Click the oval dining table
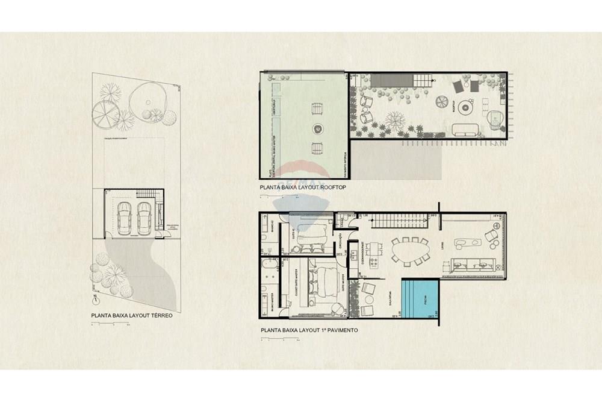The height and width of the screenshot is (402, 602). click(x=409, y=251)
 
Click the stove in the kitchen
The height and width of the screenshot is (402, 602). click(x=373, y=262)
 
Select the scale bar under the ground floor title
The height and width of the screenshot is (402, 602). click(x=109, y=325)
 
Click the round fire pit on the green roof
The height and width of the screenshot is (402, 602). click(x=317, y=128)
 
